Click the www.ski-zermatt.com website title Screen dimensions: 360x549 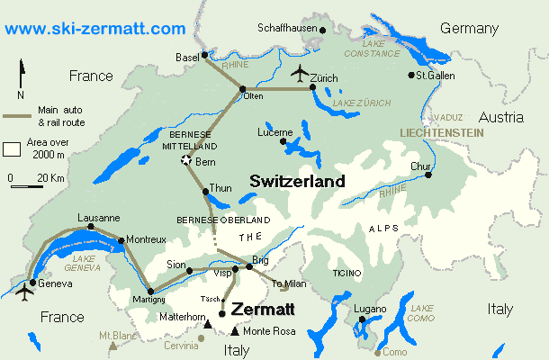[x=94, y=29]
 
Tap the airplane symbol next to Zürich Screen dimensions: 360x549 [x=300, y=71]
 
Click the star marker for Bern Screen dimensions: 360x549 [x=186, y=160]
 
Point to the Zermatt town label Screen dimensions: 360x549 [x=262, y=309]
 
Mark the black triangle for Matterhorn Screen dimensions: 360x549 [x=209, y=325]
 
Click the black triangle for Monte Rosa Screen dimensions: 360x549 [x=235, y=331]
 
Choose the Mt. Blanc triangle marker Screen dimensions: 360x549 [x=112, y=345]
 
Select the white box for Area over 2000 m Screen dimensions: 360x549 [x=13, y=148]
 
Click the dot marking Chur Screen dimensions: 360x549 [x=428, y=175]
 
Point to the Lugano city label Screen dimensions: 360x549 [x=370, y=309]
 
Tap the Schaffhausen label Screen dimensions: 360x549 [x=287, y=28]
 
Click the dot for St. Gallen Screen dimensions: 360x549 [x=411, y=75]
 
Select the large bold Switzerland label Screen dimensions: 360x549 [x=297, y=181]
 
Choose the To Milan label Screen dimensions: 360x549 [x=289, y=283]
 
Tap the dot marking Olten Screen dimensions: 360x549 [x=243, y=88]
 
